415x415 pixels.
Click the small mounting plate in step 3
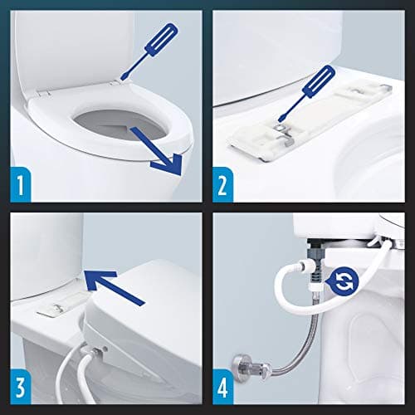(58, 307)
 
